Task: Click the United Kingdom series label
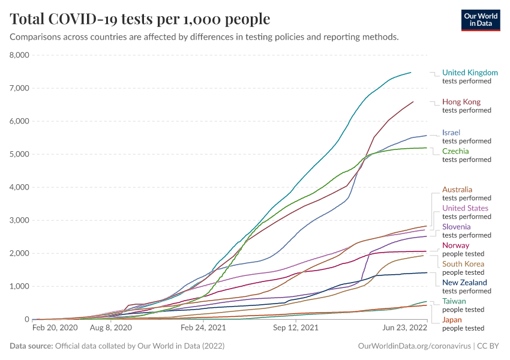tap(470, 73)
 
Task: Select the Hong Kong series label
tap(461, 102)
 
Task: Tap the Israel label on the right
tap(451, 133)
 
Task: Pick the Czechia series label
tap(455, 151)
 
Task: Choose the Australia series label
tap(457, 190)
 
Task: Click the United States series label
tap(465, 208)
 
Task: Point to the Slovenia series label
tap(456, 227)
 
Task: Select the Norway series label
tap(455, 245)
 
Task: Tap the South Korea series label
tap(463, 264)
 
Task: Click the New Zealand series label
tap(464, 283)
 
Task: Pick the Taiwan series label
tap(454, 301)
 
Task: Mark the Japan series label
tap(452, 320)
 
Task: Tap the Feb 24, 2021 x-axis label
tap(203, 329)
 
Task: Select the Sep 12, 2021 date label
tap(295, 329)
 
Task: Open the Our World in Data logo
tap(480, 19)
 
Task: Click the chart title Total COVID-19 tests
tap(140, 19)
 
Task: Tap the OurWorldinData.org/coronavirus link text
tap(414, 346)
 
